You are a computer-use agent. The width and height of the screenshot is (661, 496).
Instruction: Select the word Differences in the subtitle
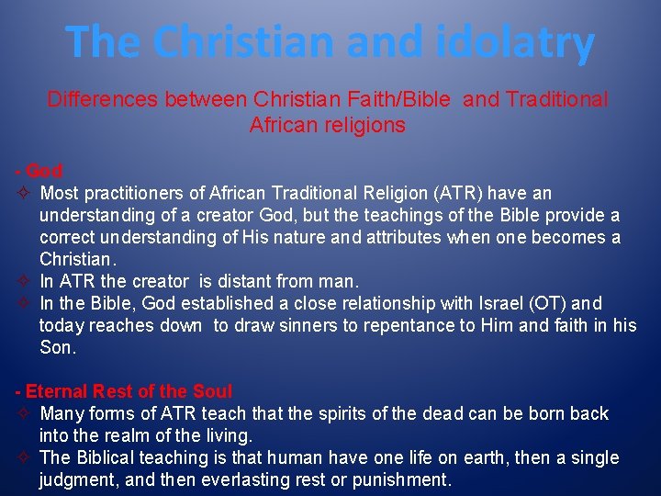pos(103,99)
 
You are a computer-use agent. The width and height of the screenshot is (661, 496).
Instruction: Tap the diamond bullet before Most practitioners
pos(26,193)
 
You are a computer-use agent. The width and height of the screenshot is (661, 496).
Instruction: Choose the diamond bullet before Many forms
pos(26,413)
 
